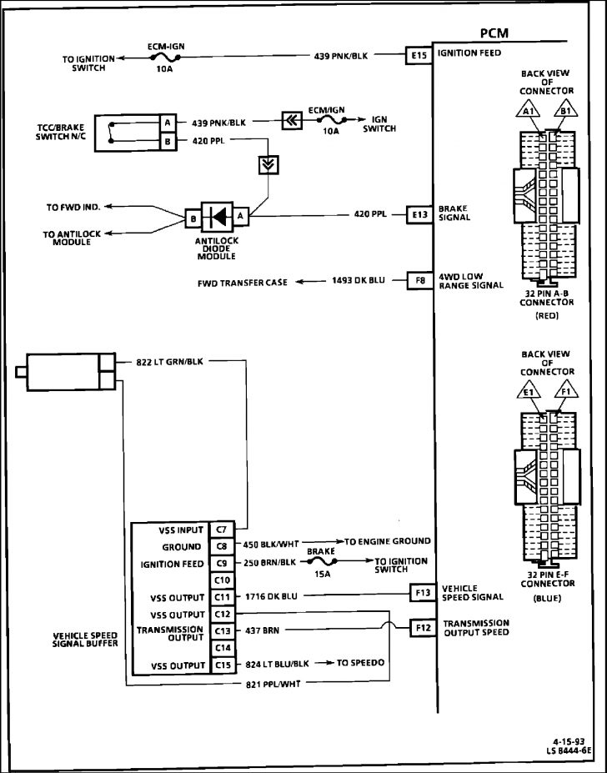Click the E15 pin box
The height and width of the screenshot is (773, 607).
click(x=418, y=56)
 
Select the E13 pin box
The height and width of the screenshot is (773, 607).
click(x=418, y=213)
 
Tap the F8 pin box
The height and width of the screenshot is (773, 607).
click(x=418, y=281)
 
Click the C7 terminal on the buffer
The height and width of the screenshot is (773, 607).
click(x=221, y=529)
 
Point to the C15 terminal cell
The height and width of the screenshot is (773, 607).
click(x=221, y=665)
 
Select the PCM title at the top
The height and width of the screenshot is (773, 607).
click(x=495, y=33)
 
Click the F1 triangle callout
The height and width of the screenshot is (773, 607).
click(x=566, y=391)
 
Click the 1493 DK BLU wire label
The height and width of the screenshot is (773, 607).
click(x=358, y=282)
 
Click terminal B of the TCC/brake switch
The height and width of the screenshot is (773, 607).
click(x=168, y=141)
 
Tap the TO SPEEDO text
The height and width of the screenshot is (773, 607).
click(x=360, y=664)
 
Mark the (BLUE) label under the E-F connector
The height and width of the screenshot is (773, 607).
click(x=547, y=598)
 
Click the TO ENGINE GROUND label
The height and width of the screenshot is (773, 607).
click(x=388, y=541)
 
